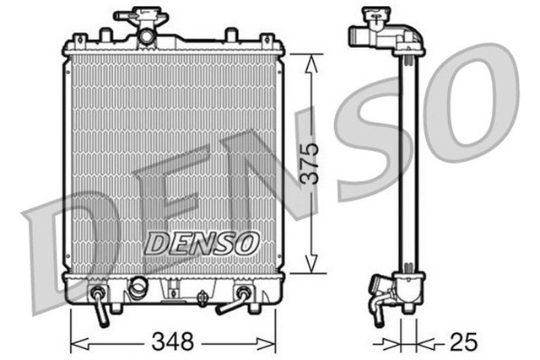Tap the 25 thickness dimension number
point(462,342)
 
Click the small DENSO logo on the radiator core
point(200,242)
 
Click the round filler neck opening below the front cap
point(148,36)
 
